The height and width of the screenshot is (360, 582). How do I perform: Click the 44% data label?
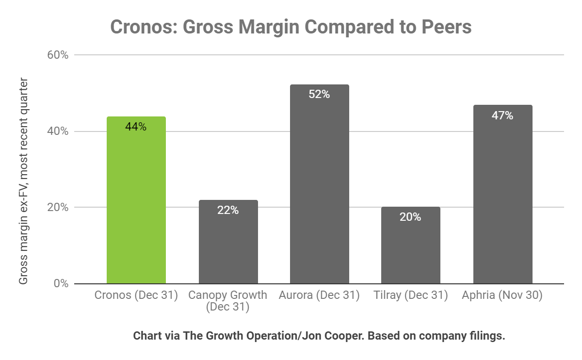click(136, 127)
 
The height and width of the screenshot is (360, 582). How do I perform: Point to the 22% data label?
click(228, 211)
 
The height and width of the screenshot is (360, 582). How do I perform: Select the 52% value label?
click(319, 95)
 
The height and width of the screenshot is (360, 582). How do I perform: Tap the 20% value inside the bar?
click(410, 217)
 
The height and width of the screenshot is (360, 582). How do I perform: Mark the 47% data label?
click(502, 115)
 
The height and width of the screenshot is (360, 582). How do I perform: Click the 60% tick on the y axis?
click(57, 55)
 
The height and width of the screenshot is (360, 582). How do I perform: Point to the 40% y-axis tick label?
click(57, 131)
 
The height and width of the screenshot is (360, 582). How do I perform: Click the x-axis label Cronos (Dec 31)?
click(136, 295)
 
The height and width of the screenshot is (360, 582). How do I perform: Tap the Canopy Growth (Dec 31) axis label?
click(227, 301)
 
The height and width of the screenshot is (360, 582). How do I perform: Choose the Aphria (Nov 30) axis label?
click(502, 295)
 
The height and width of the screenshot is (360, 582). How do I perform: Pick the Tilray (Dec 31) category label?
click(410, 295)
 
